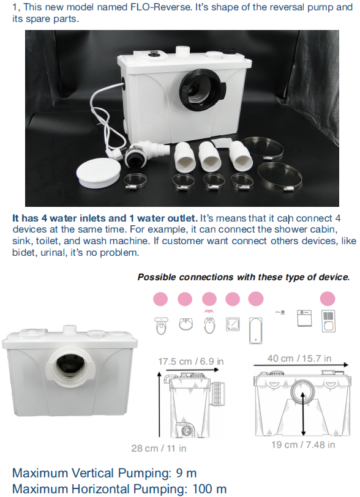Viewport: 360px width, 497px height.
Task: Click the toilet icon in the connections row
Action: [x=161, y=326]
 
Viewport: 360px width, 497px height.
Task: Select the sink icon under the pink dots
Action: [x=186, y=324]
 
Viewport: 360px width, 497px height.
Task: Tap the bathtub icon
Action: [x=256, y=331]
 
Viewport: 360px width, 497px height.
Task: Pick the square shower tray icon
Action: [x=233, y=324]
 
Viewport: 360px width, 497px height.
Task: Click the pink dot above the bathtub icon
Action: [x=256, y=299]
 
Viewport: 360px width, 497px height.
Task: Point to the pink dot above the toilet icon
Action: [x=160, y=299]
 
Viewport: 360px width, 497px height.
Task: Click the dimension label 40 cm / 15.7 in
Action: [x=299, y=358]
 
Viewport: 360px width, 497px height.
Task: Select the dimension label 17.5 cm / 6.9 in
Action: [x=191, y=361]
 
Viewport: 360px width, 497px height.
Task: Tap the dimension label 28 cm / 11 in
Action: [x=159, y=448]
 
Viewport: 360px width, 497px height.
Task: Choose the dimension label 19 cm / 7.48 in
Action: [x=303, y=445]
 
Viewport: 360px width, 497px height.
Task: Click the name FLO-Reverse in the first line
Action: [x=161, y=7]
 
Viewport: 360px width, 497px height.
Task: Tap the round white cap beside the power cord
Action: [x=99, y=173]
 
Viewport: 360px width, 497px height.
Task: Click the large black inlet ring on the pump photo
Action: [x=203, y=90]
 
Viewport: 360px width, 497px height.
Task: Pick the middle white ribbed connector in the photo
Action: [x=209, y=156]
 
